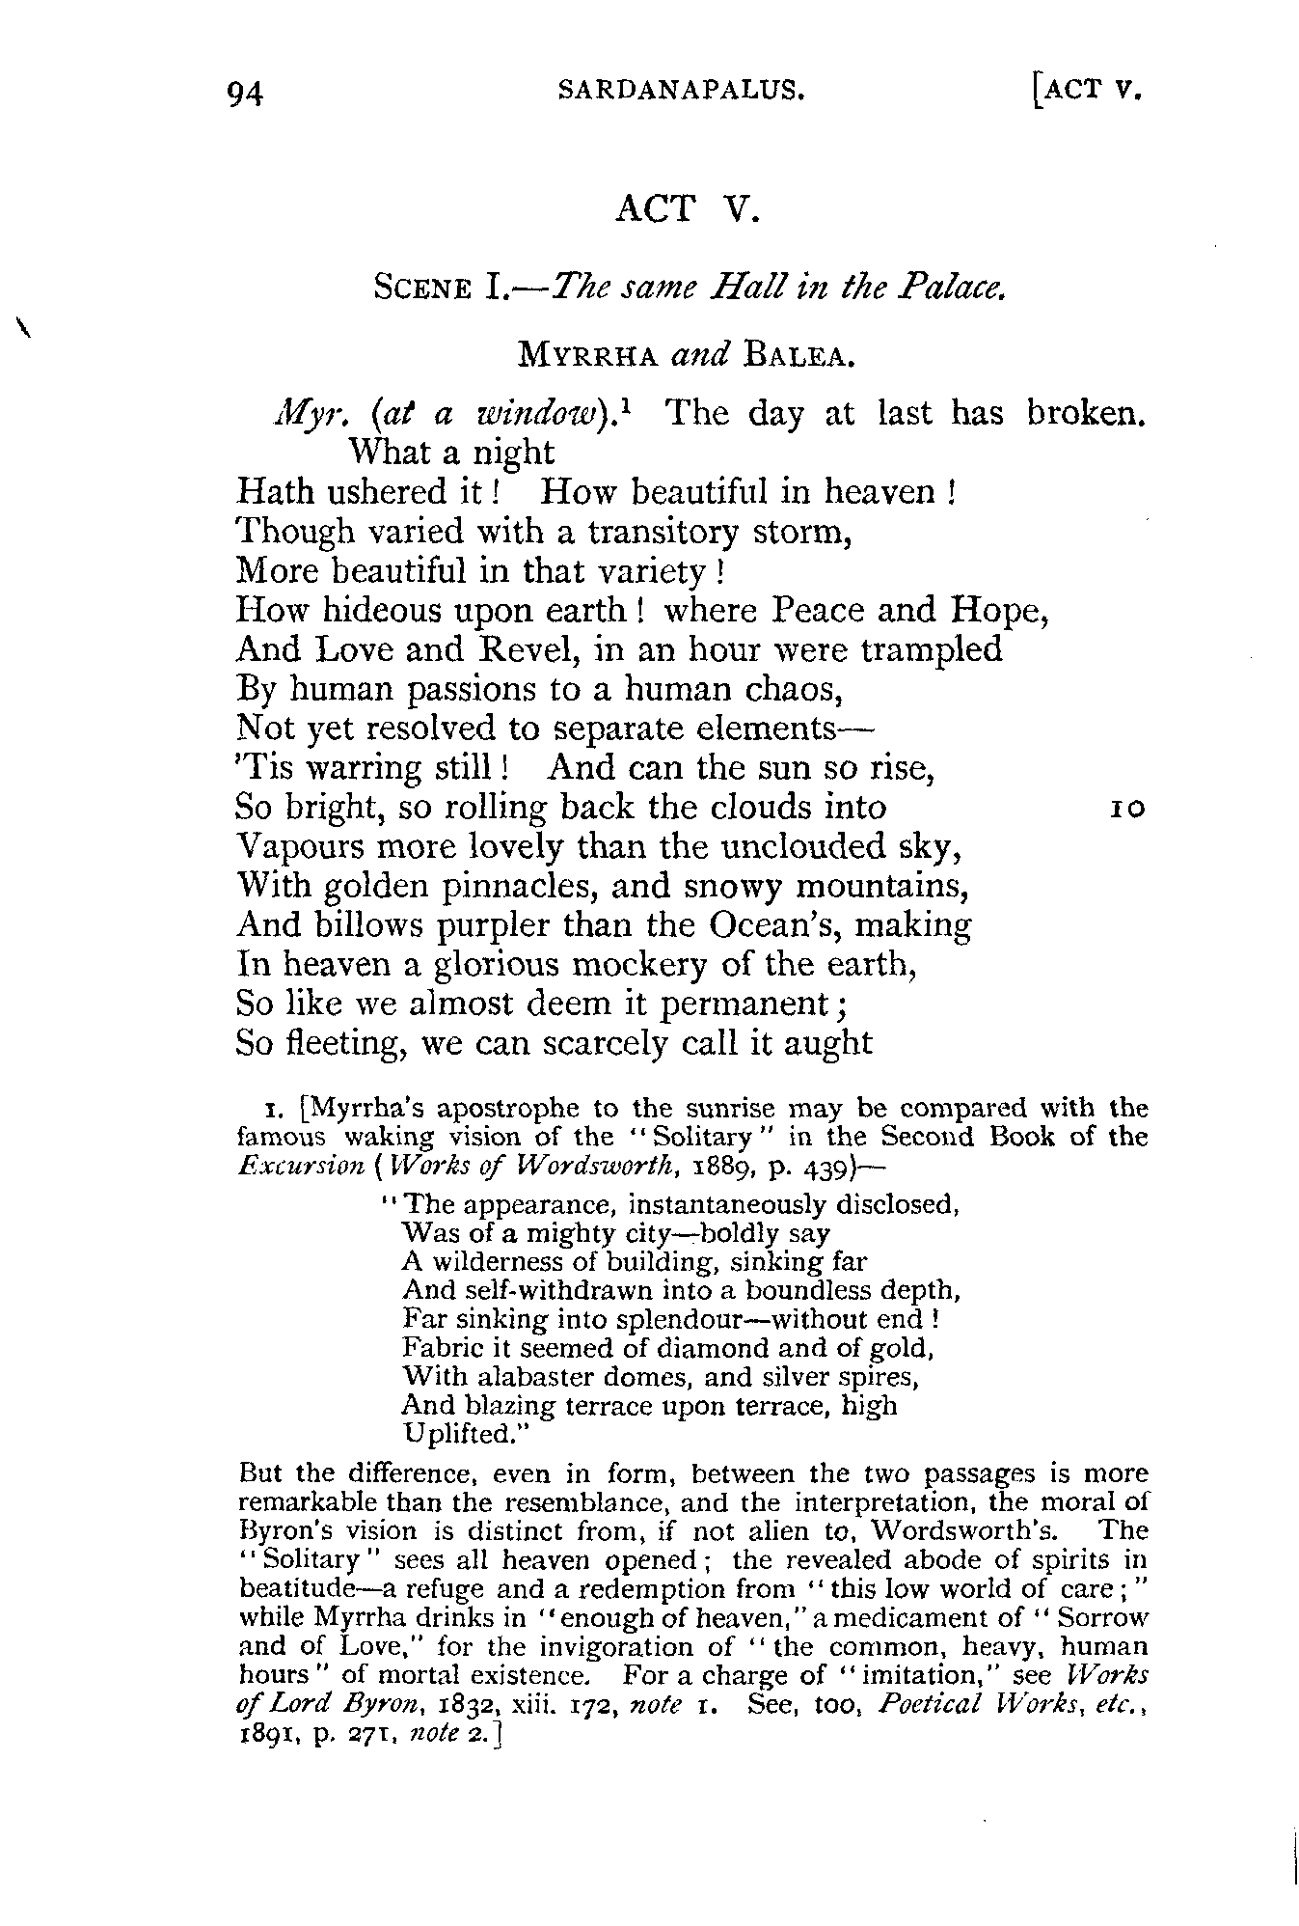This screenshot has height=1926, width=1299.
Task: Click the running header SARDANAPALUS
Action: pos(682,91)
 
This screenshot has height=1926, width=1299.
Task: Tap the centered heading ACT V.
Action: pos(688,208)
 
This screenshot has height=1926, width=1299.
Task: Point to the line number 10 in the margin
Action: pos(1125,809)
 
